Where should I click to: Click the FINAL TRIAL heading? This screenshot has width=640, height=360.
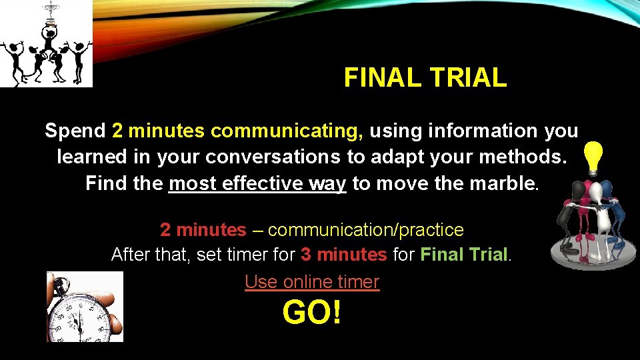[x=425, y=78]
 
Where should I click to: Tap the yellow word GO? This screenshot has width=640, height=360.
[x=311, y=311]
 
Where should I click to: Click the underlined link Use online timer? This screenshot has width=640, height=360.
[x=311, y=282]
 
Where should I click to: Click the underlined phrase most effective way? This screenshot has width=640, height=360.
[x=257, y=183]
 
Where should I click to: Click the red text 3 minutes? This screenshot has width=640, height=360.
[x=343, y=255]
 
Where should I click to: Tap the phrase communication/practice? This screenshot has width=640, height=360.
[x=365, y=230]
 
